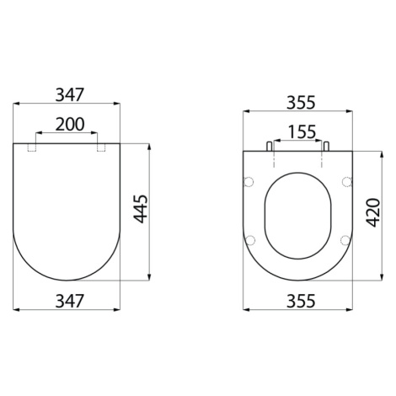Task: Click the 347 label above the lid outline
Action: [x=70, y=94]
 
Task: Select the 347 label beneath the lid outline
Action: [x=70, y=301]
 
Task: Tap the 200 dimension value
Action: [x=70, y=125]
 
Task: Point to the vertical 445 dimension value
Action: [x=141, y=209]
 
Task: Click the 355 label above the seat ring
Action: [x=301, y=103]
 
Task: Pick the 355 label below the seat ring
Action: [x=301, y=301]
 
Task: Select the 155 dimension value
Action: [x=302, y=132]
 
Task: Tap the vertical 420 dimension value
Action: [x=373, y=212]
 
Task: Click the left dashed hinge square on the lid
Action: [x=32, y=147]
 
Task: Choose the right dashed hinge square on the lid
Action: [x=101, y=147]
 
